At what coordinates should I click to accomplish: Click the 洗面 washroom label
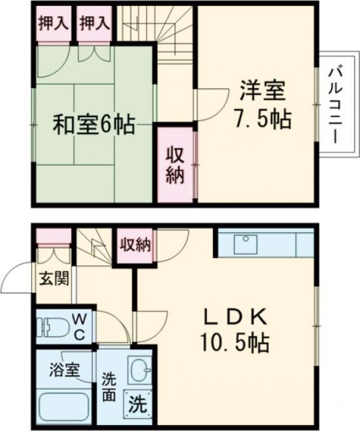[109, 387]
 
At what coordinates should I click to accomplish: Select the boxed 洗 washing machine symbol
[137, 405]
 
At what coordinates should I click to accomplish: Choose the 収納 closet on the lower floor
[135, 244]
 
